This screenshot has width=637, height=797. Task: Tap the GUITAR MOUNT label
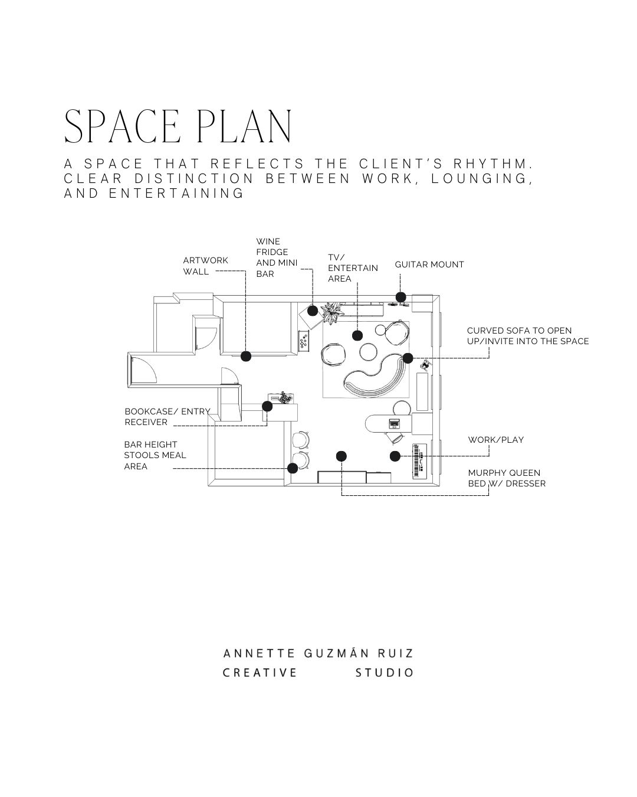429,264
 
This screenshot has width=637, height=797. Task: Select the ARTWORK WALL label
205,266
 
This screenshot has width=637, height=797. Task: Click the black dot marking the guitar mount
400,297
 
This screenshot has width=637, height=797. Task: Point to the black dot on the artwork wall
246,356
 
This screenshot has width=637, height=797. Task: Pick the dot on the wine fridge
313,311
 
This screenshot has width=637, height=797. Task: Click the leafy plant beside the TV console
331,312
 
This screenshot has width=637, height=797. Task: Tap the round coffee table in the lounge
368,351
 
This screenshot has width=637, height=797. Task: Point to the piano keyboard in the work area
419,460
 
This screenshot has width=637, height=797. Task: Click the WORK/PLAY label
495,440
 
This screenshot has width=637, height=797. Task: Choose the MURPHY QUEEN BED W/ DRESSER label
506,478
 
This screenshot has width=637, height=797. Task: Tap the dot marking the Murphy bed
342,456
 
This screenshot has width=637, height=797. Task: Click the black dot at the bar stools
293,468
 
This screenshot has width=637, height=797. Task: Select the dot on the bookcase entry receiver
267,406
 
